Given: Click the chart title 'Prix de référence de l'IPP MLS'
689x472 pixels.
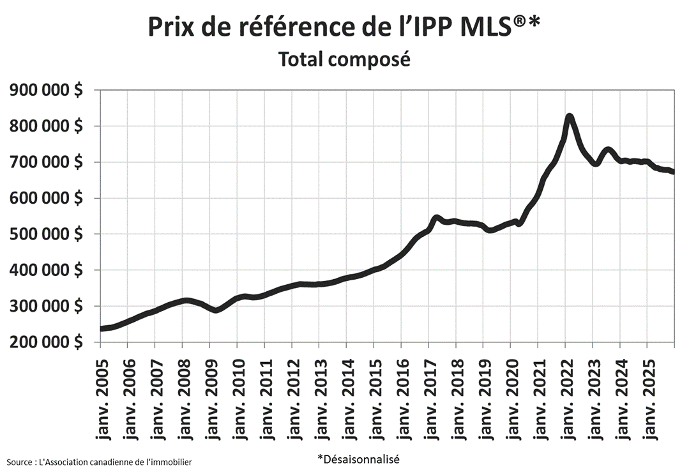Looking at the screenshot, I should (344, 27).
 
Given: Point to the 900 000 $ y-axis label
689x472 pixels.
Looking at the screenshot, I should (46, 90).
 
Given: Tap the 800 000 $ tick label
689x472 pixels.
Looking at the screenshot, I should (46, 126).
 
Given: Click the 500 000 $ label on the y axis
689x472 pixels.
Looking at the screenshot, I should (46, 234).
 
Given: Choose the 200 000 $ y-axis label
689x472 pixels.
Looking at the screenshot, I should (46, 342).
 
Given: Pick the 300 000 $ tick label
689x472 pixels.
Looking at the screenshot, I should (46, 306).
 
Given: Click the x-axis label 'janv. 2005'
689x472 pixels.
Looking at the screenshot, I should (102, 396).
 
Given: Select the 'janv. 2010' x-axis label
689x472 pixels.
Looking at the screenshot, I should (238, 396).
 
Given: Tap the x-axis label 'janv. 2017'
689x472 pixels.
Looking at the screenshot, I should (429, 396).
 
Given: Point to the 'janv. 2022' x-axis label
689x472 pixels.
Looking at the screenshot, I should (566, 396).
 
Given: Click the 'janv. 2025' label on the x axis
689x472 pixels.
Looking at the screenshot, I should (647, 396).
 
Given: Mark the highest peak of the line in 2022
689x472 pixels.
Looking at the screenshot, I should (569, 117).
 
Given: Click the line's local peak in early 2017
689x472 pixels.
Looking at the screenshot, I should (437, 218).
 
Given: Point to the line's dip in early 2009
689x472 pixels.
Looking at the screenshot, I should (216, 310).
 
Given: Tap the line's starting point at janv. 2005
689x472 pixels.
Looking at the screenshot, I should (101, 328).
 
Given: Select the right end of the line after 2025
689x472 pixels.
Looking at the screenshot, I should (673, 172).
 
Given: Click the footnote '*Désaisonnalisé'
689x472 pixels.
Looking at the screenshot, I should (358, 459).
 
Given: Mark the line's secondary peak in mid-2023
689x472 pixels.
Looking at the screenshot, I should (608, 150).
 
